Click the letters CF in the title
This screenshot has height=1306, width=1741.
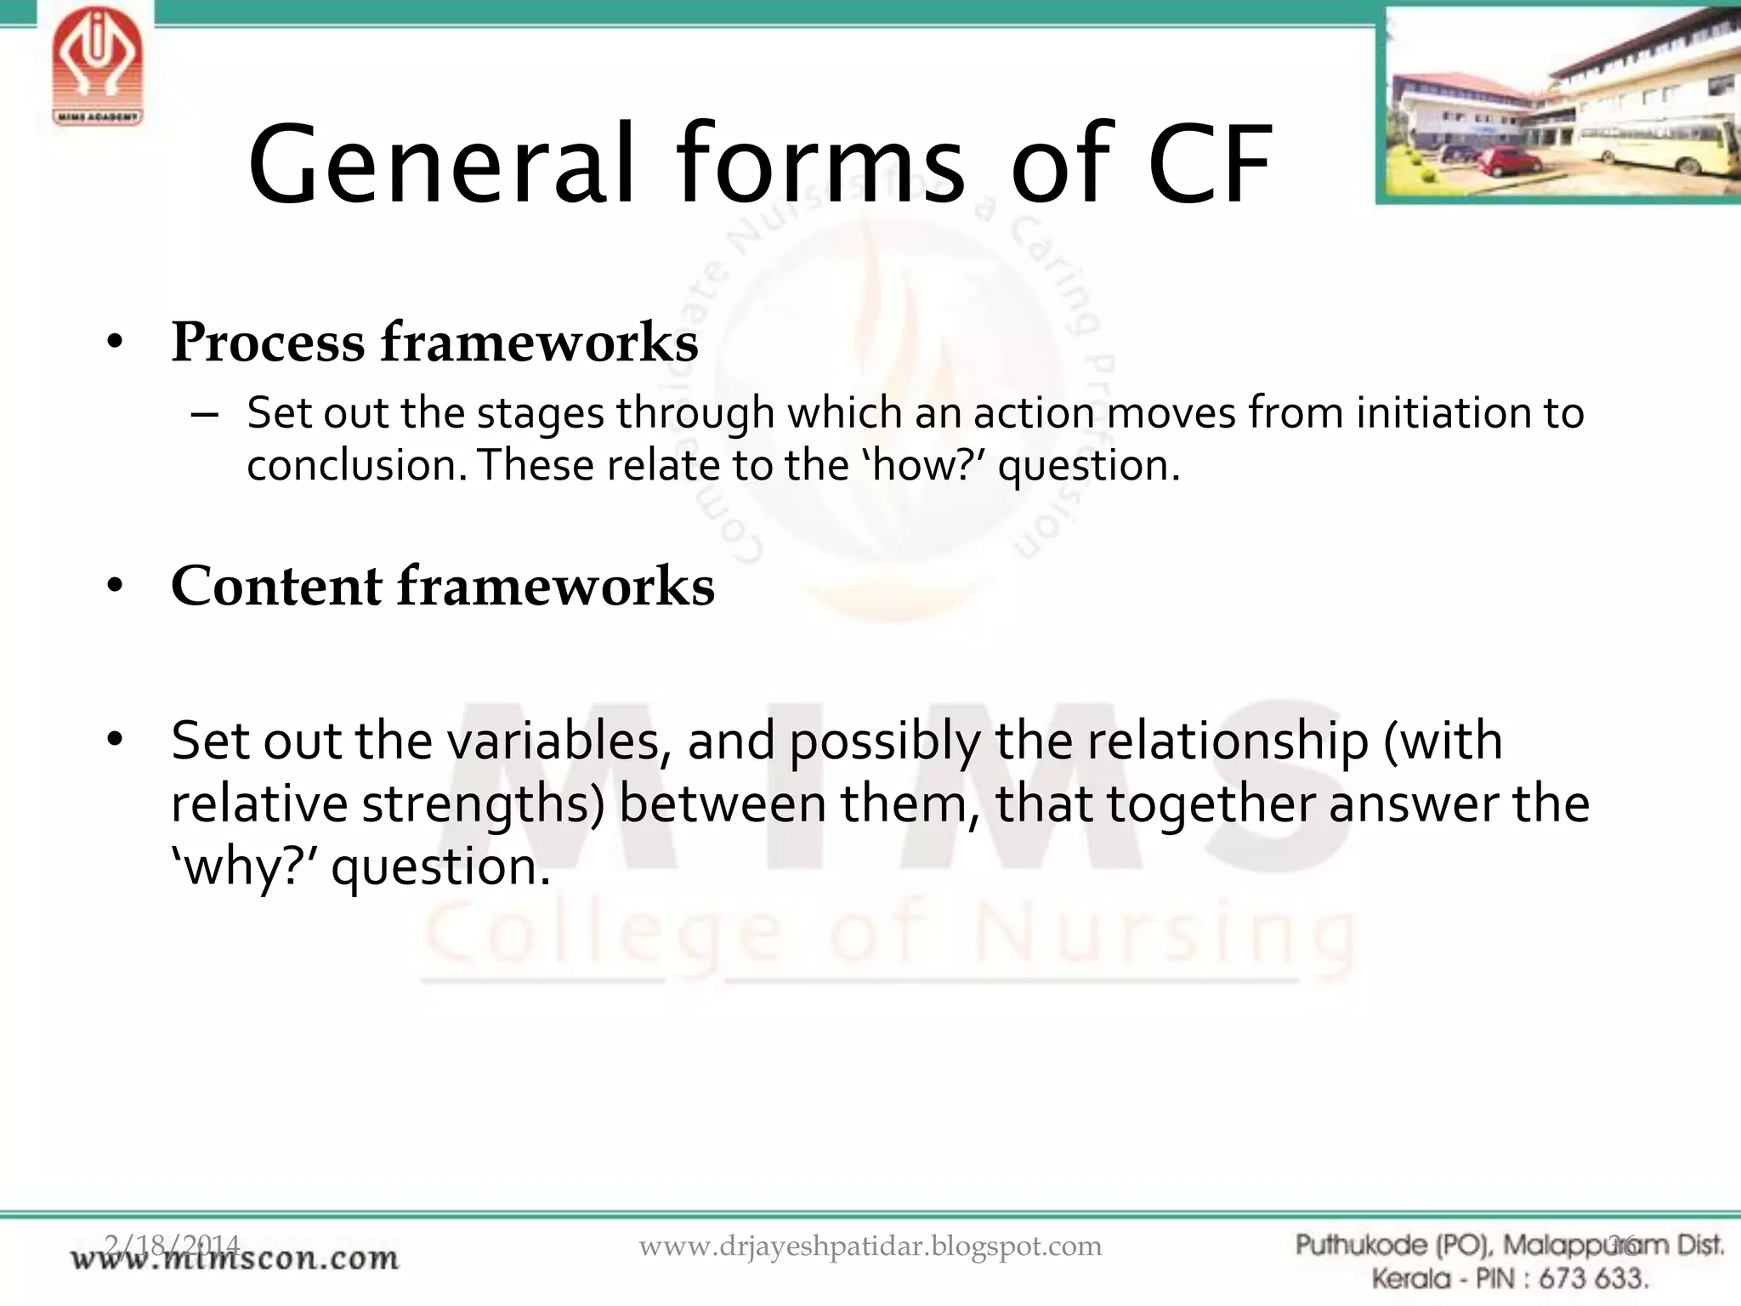tap(1210, 166)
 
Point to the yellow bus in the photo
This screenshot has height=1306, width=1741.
tap(1658, 140)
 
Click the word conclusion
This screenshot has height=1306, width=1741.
tap(357, 466)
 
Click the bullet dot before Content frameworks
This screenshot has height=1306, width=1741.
tap(116, 586)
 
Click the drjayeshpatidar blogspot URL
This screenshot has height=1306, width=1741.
tap(870, 1246)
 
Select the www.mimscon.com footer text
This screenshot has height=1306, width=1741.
tap(235, 1258)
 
